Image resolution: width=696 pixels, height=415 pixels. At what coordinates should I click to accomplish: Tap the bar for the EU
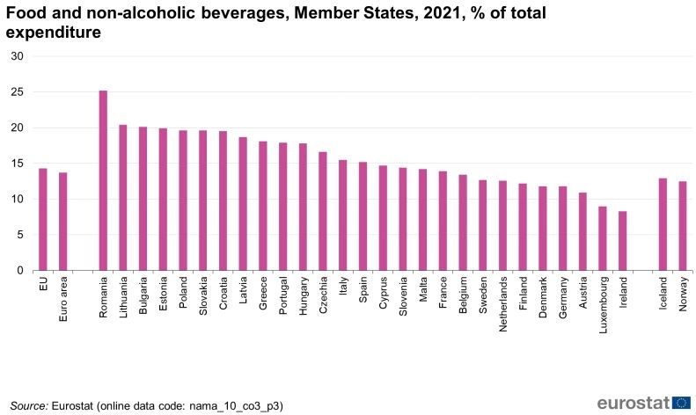pyautogui.click(x=42, y=219)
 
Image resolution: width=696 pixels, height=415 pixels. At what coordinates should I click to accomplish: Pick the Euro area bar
pyautogui.click(x=62, y=222)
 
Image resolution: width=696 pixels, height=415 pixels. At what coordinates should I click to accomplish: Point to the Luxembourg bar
pyautogui.click(x=603, y=238)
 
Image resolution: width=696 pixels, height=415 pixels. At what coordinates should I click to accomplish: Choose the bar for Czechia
pyautogui.click(x=323, y=211)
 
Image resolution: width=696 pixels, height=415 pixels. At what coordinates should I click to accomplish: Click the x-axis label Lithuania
pyautogui.click(x=123, y=298)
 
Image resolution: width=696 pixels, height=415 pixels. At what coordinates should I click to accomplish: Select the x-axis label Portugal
pyautogui.click(x=283, y=296)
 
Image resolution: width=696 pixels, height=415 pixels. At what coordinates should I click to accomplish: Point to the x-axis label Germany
pyautogui.click(x=563, y=297)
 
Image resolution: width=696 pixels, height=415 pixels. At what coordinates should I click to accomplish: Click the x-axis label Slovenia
pyautogui.click(x=403, y=297)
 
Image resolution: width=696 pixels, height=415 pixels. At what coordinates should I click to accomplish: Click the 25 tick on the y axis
pyautogui.click(x=18, y=92)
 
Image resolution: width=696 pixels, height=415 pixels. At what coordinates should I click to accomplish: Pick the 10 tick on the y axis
pyautogui.click(x=18, y=200)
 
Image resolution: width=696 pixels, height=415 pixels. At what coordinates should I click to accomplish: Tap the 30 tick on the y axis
pyautogui.click(x=18, y=56)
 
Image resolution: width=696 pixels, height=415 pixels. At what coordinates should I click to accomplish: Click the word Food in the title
pyautogui.click(x=26, y=13)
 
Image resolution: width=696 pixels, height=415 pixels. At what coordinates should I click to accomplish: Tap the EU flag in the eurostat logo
pyautogui.click(x=681, y=403)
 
